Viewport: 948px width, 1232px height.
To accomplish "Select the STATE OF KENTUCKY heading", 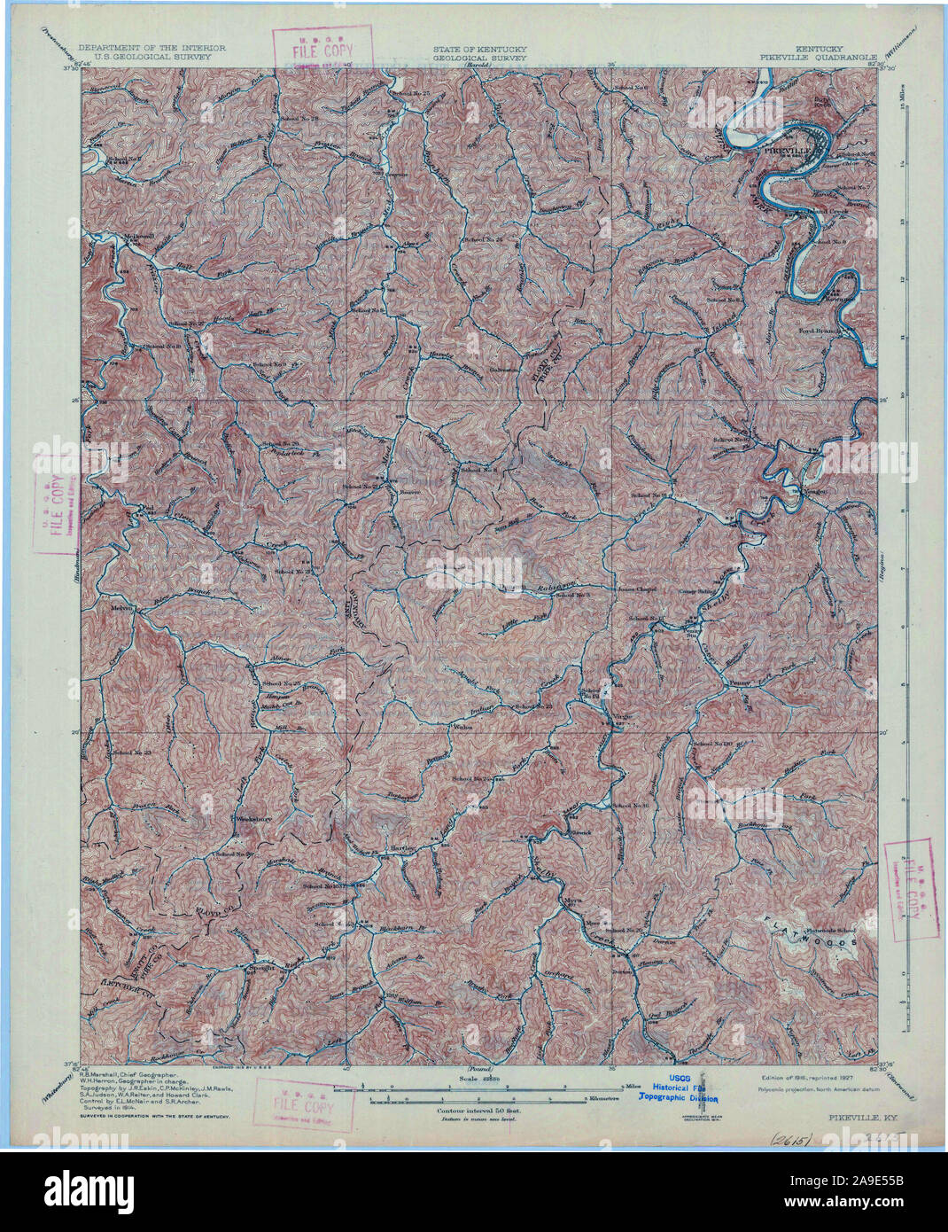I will [x=479, y=48].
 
